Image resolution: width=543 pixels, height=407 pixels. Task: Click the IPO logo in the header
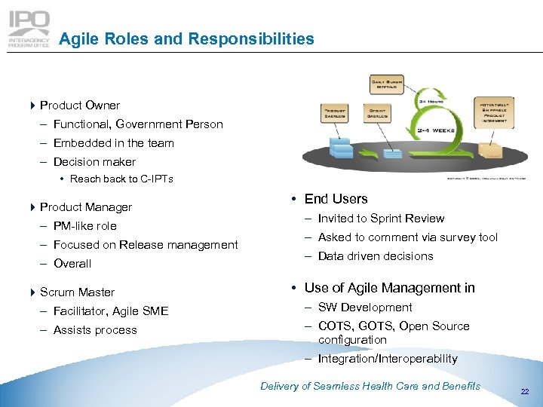[29, 29]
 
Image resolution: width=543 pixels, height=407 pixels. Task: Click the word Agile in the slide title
[77, 38]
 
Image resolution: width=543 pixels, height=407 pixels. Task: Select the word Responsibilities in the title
[250, 38]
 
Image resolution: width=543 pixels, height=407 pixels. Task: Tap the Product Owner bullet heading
[79, 106]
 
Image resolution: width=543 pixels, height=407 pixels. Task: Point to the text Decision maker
[94, 162]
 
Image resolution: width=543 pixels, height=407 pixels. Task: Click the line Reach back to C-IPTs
[121, 179]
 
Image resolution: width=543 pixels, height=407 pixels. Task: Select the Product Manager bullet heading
[85, 207]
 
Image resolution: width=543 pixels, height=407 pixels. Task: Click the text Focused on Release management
[145, 245]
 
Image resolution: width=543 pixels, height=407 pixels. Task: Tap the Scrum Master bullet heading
[77, 292]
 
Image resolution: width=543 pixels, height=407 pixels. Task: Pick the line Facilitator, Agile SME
[110, 311]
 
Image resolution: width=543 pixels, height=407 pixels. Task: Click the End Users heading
[336, 199]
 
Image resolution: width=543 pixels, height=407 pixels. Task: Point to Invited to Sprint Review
[381, 219]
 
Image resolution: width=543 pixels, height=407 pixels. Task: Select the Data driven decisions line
[375, 256]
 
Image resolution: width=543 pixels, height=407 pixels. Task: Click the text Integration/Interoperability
[387, 359]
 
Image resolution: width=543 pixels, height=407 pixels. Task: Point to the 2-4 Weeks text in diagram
[436, 130]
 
